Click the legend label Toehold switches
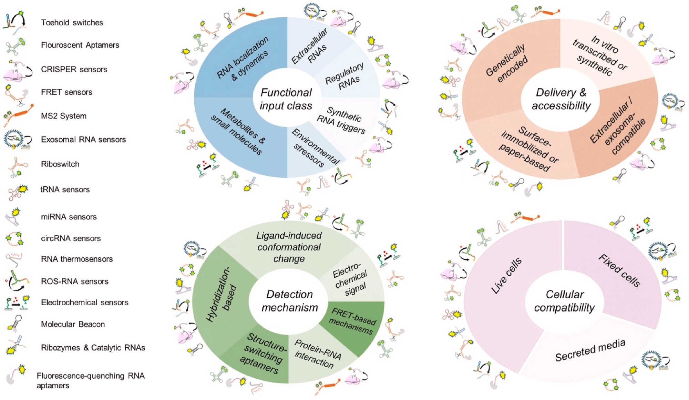point(72,23)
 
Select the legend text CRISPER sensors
point(74,70)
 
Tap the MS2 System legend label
point(64,116)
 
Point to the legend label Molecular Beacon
point(73,324)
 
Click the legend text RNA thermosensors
point(77,259)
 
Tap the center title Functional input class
point(286,99)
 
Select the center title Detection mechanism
point(289,301)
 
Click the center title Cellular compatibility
point(564,301)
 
